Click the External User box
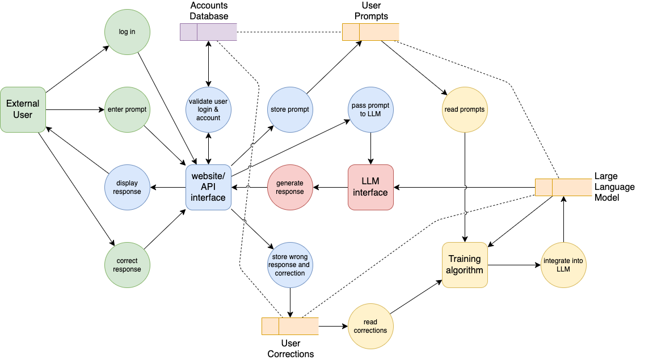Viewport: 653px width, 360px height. pos(23,109)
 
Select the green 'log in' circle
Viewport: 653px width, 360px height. pos(127,32)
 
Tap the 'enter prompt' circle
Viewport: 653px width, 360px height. pos(127,109)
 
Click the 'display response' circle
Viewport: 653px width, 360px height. pos(127,187)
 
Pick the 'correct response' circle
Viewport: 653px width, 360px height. pos(127,265)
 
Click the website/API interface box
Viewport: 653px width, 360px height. pos(208,187)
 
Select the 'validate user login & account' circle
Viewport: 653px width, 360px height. pos(208,109)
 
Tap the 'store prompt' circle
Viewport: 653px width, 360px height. pos(290,109)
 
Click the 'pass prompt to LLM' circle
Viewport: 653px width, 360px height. pos(370,109)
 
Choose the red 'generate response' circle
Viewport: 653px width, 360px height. pos(290,187)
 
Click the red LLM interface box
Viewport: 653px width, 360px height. pos(370,187)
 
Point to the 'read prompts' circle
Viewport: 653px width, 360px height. pos(465,109)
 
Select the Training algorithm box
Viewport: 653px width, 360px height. pos(465,265)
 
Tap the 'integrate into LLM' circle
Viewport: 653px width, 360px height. pos(563,265)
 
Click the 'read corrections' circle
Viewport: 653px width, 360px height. pos(370,326)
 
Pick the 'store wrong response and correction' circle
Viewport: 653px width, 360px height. pos(290,265)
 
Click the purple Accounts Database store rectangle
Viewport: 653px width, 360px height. pos(208,32)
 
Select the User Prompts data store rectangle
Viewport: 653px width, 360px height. pos(370,32)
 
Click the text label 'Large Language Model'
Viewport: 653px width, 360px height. pos(614,187)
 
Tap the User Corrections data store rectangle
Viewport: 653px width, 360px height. pos(290,326)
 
